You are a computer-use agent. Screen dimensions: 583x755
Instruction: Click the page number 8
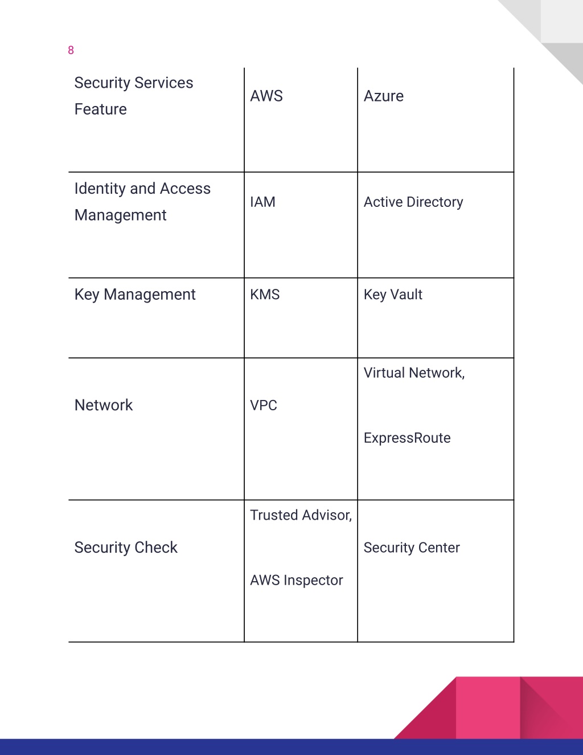click(71, 50)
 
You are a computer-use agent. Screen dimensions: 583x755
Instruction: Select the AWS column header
click(266, 96)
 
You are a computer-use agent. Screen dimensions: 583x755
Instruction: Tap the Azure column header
click(384, 96)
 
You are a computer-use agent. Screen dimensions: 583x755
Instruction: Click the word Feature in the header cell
click(101, 109)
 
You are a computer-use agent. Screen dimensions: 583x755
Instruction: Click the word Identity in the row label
click(100, 189)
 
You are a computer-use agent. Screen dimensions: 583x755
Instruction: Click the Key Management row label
click(135, 295)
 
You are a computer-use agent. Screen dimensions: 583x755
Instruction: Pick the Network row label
click(104, 405)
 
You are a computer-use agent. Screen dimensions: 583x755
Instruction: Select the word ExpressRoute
click(407, 438)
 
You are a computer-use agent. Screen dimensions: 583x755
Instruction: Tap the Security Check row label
click(126, 548)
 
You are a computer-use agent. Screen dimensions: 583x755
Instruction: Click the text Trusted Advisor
click(300, 515)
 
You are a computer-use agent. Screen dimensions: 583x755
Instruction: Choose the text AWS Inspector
click(297, 580)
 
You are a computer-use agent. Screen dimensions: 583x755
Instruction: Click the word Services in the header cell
click(163, 83)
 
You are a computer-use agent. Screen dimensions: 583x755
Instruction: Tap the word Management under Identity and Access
click(121, 215)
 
